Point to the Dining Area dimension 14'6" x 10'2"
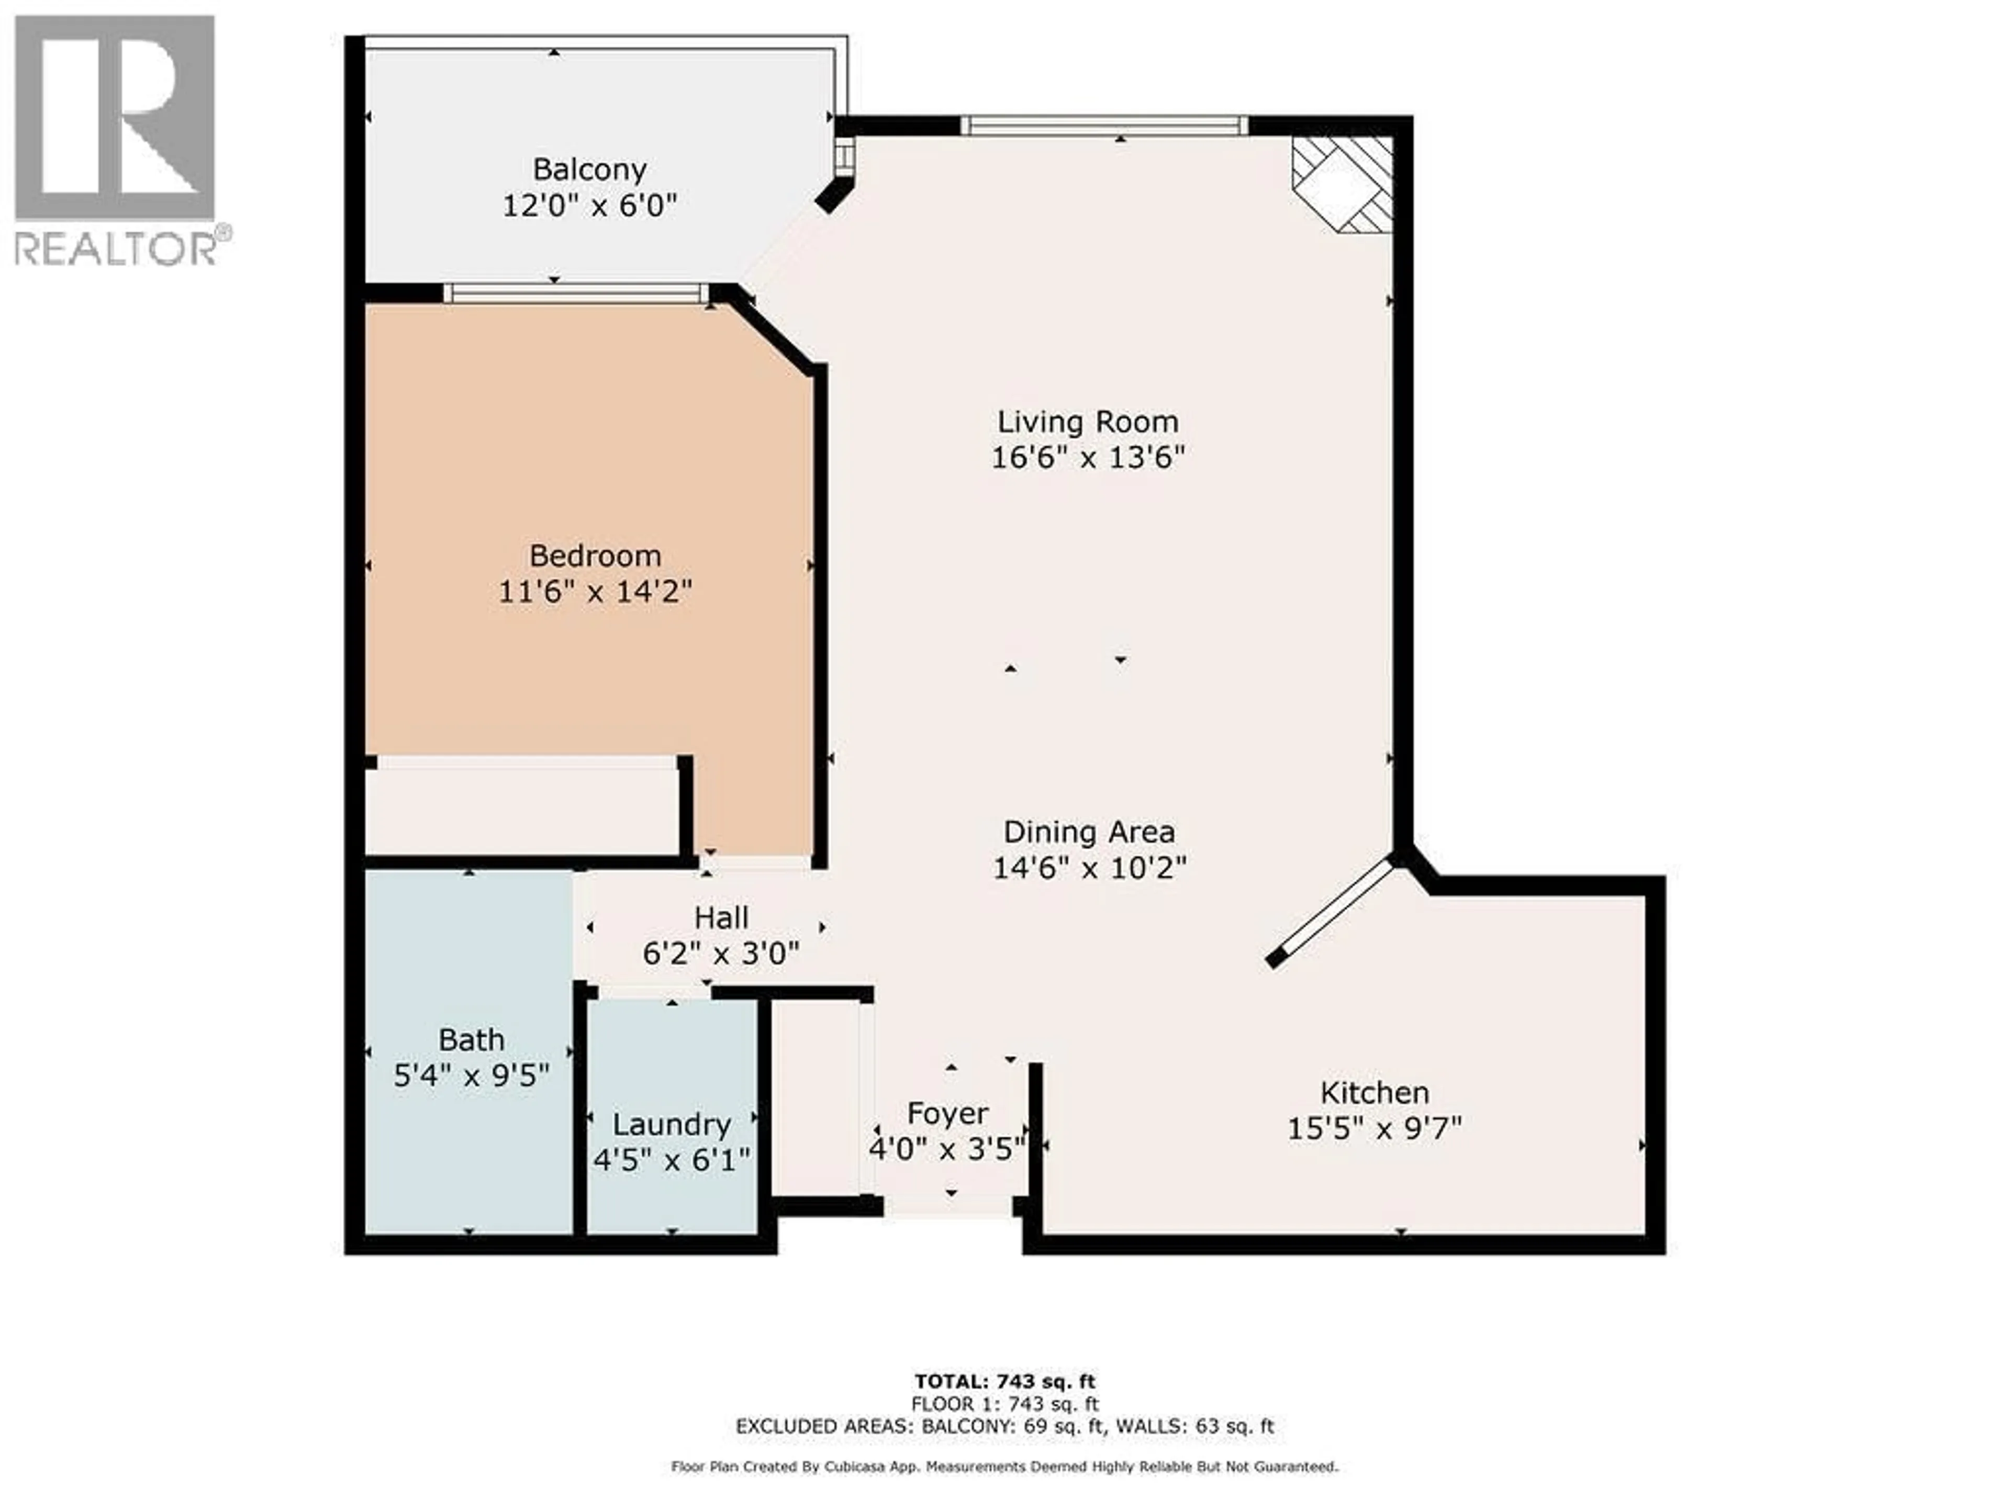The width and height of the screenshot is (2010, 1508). point(1089,868)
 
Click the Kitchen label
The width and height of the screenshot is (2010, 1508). point(1375,1093)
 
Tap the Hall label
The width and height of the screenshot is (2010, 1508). point(721,918)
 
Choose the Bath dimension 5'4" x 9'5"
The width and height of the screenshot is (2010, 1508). point(472,1076)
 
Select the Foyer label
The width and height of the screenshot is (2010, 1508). point(948,1114)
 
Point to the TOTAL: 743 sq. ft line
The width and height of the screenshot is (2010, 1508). point(1005,1382)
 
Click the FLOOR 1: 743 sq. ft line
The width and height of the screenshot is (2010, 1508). point(1005,1404)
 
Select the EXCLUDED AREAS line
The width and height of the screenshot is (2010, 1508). point(1005,1426)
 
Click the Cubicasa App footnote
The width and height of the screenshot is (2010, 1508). point(1005,1466)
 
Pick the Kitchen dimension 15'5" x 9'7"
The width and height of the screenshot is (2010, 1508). point(1375,1129)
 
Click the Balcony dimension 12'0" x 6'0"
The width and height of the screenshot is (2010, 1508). point(590,205)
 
